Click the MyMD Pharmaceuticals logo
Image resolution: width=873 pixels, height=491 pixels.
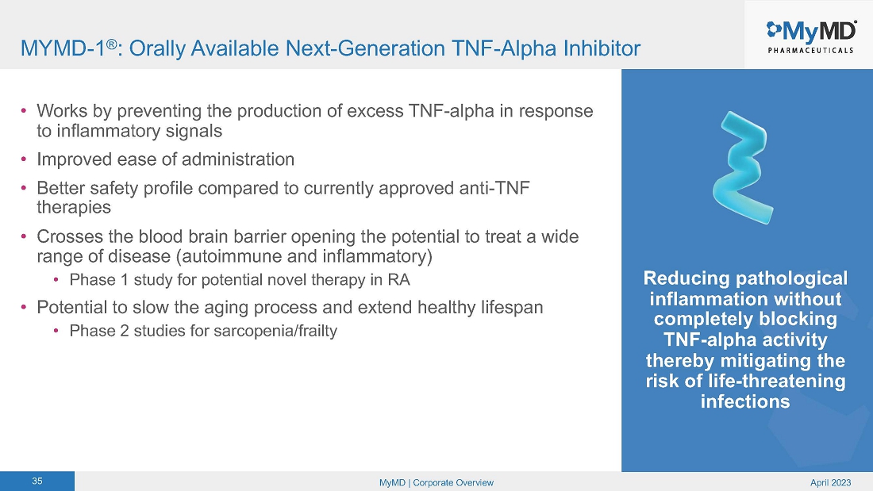tap(810, 36)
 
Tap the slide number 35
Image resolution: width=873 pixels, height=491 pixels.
tap(37, 481)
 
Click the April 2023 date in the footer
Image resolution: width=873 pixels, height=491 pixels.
tap(830, 482)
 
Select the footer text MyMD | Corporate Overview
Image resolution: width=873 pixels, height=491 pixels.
tap(436, 482)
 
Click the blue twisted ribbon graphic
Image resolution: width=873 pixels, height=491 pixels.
tap(744, 167)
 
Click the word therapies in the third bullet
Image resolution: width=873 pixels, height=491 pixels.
tap(74, 207)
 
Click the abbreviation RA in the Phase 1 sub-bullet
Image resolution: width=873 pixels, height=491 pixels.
tap(398, 279)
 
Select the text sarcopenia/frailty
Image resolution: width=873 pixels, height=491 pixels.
tap(275, 331)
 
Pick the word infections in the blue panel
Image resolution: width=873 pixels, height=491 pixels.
tap(745, 401)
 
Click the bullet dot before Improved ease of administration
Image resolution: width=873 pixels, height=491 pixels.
tap(23, 159)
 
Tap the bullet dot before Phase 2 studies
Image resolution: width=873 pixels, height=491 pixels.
tap(56, 331)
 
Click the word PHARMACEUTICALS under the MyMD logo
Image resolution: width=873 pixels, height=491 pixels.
tap(810, 50)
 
